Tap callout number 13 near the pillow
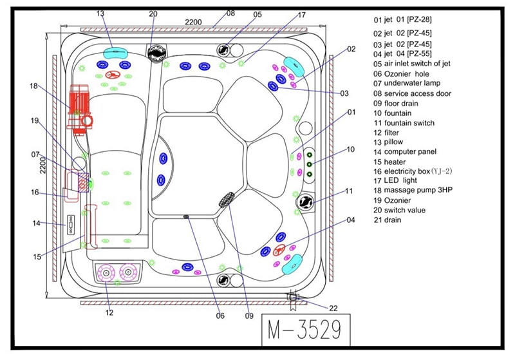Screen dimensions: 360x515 tap(100, 13)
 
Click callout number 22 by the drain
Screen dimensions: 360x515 tap(332, 308)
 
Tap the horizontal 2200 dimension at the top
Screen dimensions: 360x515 tap(194, 22)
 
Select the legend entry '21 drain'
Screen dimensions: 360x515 tap(388, 220)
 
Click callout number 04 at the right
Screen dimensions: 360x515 tap(351, 220)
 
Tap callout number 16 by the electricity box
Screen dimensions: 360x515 tap(35, 192)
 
